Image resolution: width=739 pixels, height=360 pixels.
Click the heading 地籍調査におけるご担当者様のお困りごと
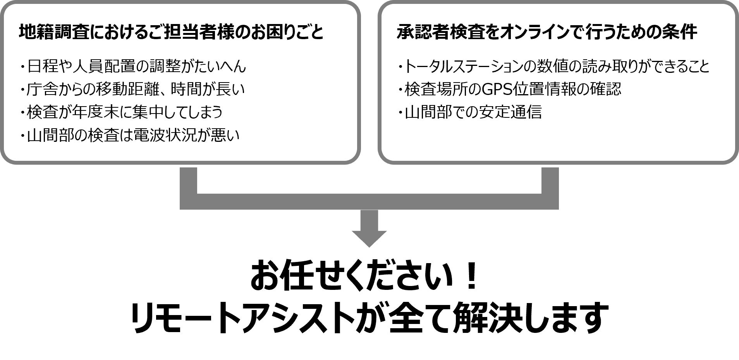pyautogui.click(x=171, y=32)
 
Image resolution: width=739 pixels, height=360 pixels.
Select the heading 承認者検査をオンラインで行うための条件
pyautogui.click(x=547, y=32)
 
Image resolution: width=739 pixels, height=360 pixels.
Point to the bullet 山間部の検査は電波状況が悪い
pyautogui.click(x=133, y=135)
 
